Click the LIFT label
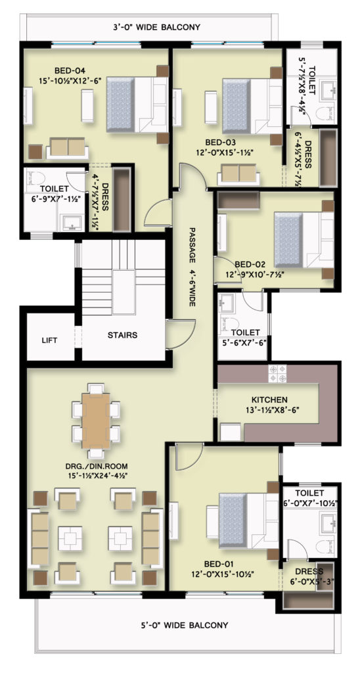point(49,340)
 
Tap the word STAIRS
point(123,335)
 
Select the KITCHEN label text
point(269,400)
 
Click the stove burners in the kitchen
point(277,373)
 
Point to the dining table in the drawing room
point(96,421)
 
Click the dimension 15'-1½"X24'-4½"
point(96,475)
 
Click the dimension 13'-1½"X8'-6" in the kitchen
point(269,410)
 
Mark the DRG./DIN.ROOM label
point(96,466)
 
